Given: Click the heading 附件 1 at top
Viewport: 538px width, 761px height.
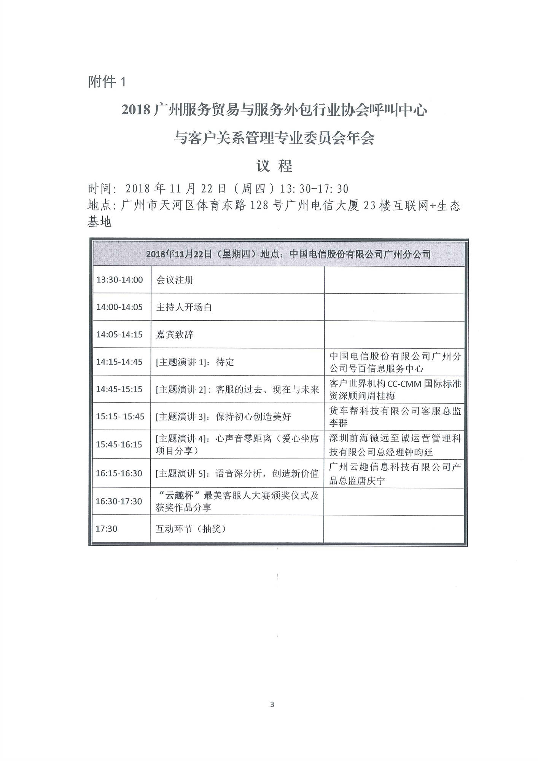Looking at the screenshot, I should (107, 82).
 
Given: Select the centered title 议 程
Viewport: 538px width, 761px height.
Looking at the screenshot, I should (274, 166).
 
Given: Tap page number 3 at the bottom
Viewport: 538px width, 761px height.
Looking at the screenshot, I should (272, 704).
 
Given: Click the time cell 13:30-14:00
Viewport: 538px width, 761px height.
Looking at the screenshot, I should (119, 280).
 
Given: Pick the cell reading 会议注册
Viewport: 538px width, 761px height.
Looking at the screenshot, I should (175, 280).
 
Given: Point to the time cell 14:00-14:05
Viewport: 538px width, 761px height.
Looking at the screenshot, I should (119, 307).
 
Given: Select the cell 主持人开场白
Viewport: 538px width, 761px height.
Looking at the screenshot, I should (184, 307).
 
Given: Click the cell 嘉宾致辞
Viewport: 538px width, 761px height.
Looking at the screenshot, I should (175, 334).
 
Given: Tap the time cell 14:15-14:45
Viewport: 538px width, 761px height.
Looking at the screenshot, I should (119, 362).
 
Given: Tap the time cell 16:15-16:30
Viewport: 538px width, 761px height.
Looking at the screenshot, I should (119, 473).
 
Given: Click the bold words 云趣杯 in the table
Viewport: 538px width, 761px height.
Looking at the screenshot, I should (180, 495).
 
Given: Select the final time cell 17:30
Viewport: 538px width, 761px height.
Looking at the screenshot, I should (107, 529).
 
